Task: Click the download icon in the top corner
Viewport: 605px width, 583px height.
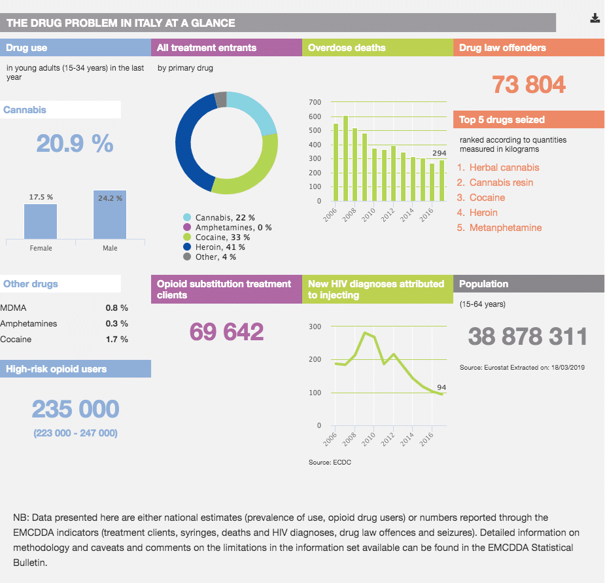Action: (x=595, y=18)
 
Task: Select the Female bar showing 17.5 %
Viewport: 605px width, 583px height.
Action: (x=41, y=221)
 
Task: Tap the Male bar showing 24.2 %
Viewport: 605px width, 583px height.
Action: (x=109, y=215)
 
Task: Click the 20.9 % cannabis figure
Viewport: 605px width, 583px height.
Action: (x=75, y=143)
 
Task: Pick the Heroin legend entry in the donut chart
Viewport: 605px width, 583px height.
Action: (x=220, y=247)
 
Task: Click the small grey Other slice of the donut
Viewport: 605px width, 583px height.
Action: (x=221, y=99)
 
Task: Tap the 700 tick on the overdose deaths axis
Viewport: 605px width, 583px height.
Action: (x=314, y=103)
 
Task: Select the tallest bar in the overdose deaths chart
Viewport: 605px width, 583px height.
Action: (x=345, y=158)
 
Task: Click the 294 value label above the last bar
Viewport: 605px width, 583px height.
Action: (x=440, y=153)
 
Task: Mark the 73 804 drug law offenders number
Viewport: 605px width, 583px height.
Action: (x=528, y=84)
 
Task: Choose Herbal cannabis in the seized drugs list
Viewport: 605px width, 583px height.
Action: (x=504, y=168)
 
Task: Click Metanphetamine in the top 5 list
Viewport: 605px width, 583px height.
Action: (x=505, y=228)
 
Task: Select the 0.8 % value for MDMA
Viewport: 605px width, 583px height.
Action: (x=116, y=308)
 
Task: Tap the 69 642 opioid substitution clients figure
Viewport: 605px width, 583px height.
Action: (x=226, y=332)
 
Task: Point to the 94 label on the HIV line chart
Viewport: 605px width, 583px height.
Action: (x=441, y=387)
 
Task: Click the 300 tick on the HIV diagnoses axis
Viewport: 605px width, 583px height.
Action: (x=314, y=327)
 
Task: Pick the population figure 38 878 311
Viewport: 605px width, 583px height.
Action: (x=527, y=336)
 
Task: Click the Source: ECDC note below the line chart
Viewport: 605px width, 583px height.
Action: (x=326, y=463)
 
